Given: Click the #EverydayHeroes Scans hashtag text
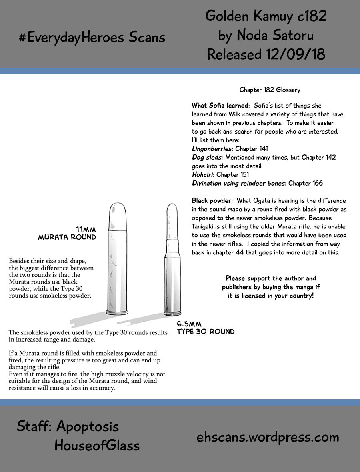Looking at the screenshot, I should (92, 37).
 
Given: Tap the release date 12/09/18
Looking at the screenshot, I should (295, 54).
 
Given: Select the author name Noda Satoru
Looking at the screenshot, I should (275, 35).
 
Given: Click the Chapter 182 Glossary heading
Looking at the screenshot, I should (270, 90).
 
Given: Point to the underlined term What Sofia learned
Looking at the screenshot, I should (220, 106).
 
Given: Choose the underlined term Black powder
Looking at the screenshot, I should (211, 201).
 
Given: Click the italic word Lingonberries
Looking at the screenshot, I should (212, 149).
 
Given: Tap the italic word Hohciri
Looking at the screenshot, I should (203, 175).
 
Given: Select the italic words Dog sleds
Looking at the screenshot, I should (206, 158).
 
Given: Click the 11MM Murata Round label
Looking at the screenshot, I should (67, 233).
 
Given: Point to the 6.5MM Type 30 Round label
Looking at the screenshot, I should (206, 328).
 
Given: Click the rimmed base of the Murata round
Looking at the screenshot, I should (118, 311).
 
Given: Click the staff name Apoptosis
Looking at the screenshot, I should (88, 426).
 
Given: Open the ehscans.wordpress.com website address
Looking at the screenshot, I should (268, 437).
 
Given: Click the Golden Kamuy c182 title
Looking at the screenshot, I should (266, 16).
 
